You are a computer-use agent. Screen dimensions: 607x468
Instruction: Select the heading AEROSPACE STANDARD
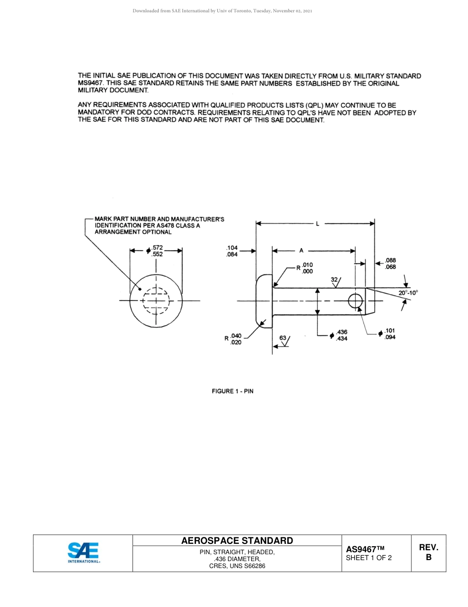[237, 541]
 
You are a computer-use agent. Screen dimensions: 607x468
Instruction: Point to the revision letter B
[428, 558]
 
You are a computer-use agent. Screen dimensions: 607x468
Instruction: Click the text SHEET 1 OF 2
[369, 558]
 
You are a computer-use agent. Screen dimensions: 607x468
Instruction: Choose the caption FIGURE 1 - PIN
[233, 391]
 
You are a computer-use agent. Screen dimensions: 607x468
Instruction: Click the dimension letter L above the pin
[317, 224]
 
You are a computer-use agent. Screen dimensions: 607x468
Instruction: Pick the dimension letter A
[301, 251]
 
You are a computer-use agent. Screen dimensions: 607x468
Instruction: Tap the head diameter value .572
[158, 247]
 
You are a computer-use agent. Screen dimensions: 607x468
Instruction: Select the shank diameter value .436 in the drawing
[342, 332]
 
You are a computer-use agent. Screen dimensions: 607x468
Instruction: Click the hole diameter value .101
[390, 331]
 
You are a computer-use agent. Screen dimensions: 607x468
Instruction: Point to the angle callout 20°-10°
[408, 292]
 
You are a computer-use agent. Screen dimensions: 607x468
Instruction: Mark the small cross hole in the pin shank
[355, 300]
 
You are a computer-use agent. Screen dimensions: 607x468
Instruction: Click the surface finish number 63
[283, 338]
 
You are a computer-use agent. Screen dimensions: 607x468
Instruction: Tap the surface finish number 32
[334, 279]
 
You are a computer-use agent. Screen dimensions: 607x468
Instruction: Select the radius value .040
[236, 336]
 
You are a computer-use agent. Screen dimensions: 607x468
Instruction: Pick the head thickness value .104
[232, 248]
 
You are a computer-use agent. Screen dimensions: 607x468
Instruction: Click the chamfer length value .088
[391, 261]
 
